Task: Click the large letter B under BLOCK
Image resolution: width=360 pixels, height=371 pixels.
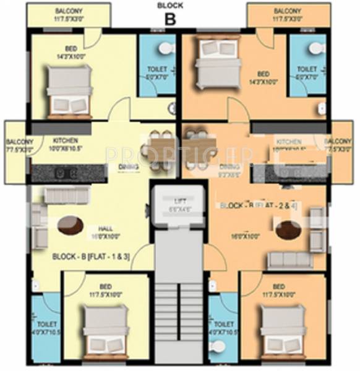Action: [x=170, y=18]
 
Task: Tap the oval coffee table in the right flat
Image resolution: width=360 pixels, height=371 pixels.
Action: [x=288, y=230]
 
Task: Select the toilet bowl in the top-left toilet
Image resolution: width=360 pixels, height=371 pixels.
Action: [x=165, y=48]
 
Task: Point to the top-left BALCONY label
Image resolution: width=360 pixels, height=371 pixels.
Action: [x=69, y=12]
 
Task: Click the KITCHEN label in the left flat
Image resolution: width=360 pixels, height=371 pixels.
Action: [x=66, y=140]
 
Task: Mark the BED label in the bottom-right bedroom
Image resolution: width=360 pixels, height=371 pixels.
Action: [x=278, y=286]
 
